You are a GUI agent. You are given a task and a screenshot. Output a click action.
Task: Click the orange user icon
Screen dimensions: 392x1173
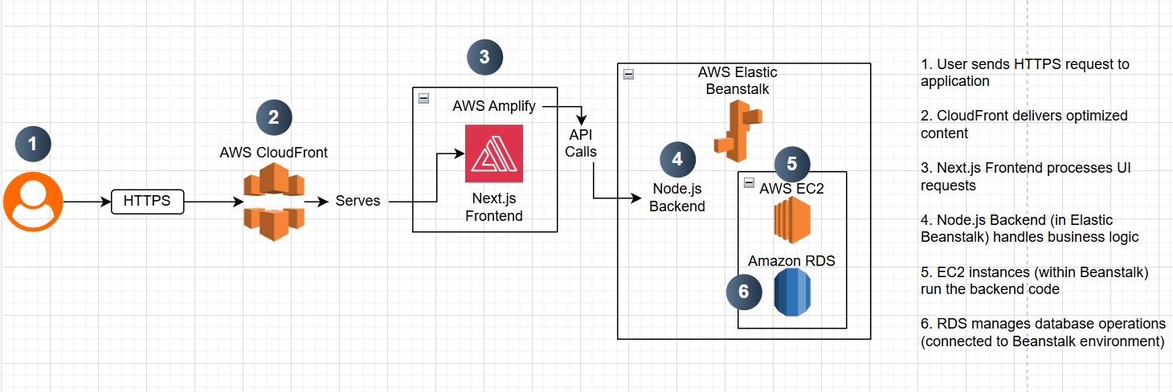coord(33,202)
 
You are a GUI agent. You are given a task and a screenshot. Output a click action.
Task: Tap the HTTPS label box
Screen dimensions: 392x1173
coord(147,201)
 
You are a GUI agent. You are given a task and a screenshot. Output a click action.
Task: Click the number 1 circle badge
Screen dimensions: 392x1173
coord(33,145)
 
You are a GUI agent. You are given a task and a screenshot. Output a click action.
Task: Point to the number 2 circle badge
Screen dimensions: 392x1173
coord(274,117)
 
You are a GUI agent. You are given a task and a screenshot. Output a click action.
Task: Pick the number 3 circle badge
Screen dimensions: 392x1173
coord(484,56)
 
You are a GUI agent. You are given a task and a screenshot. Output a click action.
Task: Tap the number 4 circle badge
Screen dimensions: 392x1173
coord(677,159)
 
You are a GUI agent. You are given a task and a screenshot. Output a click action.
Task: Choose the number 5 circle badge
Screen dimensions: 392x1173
coord(791,164)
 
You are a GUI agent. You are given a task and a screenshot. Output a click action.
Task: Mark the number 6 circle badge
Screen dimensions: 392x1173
coord(744,292)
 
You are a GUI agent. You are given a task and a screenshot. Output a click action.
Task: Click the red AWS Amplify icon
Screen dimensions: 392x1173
coord(493,153)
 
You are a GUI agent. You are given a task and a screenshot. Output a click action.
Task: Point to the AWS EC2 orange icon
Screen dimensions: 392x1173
coord(792,222)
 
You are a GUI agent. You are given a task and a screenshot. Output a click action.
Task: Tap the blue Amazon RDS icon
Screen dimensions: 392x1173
coord(792,292)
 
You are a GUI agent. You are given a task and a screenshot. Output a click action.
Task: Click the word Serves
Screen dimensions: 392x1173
coord(358,201)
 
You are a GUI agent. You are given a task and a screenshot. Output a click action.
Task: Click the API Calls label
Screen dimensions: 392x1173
coord(581,143)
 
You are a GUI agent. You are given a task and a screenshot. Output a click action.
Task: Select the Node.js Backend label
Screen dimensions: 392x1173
coord(678,198)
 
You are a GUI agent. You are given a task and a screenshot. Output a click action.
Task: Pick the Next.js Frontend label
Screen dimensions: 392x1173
coord(493,207)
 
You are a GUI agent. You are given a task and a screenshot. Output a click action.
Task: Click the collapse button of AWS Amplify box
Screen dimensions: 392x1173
coord(424,98)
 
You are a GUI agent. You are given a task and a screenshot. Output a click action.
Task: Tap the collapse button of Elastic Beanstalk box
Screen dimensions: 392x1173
coord(628,74)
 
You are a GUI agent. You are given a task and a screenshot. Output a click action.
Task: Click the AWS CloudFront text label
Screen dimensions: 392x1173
coord(273,153)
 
